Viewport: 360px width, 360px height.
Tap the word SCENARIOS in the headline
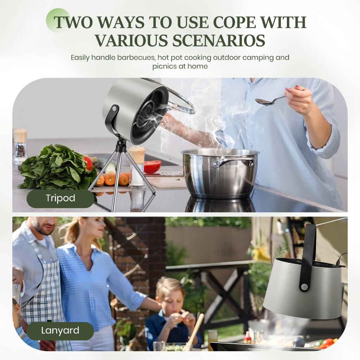coord(219,40)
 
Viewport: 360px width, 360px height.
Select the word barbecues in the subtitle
coord(136,57)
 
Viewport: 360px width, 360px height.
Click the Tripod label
coord(60,198)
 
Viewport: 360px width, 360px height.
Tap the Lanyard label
coord(60,330)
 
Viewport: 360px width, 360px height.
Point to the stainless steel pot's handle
coord(232,162)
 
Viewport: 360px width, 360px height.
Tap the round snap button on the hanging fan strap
coord(304,287)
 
